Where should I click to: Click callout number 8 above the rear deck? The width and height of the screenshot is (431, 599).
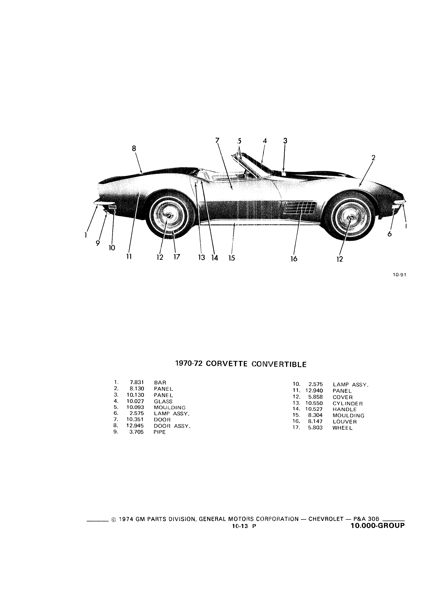[134, 149]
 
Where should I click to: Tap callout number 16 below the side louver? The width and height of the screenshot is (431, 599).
[294, 259]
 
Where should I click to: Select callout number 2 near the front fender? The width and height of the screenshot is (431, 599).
[373, 158]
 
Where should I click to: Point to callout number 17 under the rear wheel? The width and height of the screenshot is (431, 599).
[177, 257]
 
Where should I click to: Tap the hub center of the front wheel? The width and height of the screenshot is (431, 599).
[351, 218]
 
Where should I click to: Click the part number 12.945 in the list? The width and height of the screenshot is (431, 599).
[135, 426]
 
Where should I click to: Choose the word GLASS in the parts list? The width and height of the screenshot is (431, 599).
[163, 401]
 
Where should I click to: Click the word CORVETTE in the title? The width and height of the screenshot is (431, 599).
[226, 364]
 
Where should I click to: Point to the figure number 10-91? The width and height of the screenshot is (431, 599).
[399, 275]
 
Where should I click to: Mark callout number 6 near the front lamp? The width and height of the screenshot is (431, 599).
[389, 234]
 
